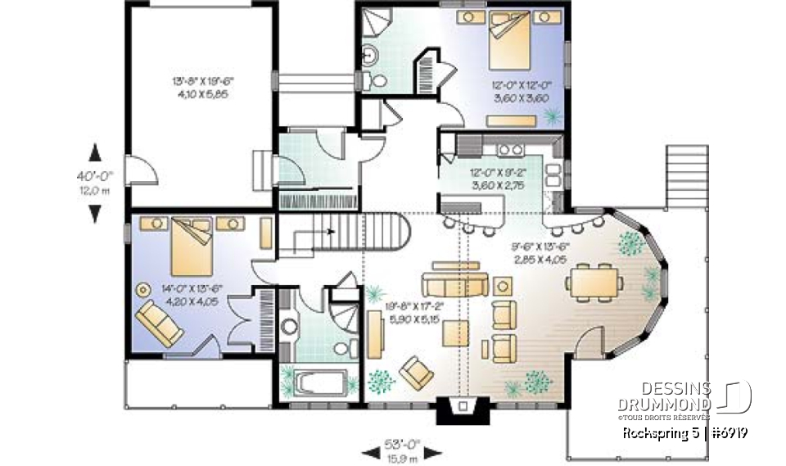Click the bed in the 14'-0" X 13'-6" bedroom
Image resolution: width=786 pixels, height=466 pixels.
pos(191,243)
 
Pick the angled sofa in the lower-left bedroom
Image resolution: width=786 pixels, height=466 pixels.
pos(160,322)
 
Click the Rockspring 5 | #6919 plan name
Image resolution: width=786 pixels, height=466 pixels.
pos(685,432)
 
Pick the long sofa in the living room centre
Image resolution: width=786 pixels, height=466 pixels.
pos(454,284)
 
